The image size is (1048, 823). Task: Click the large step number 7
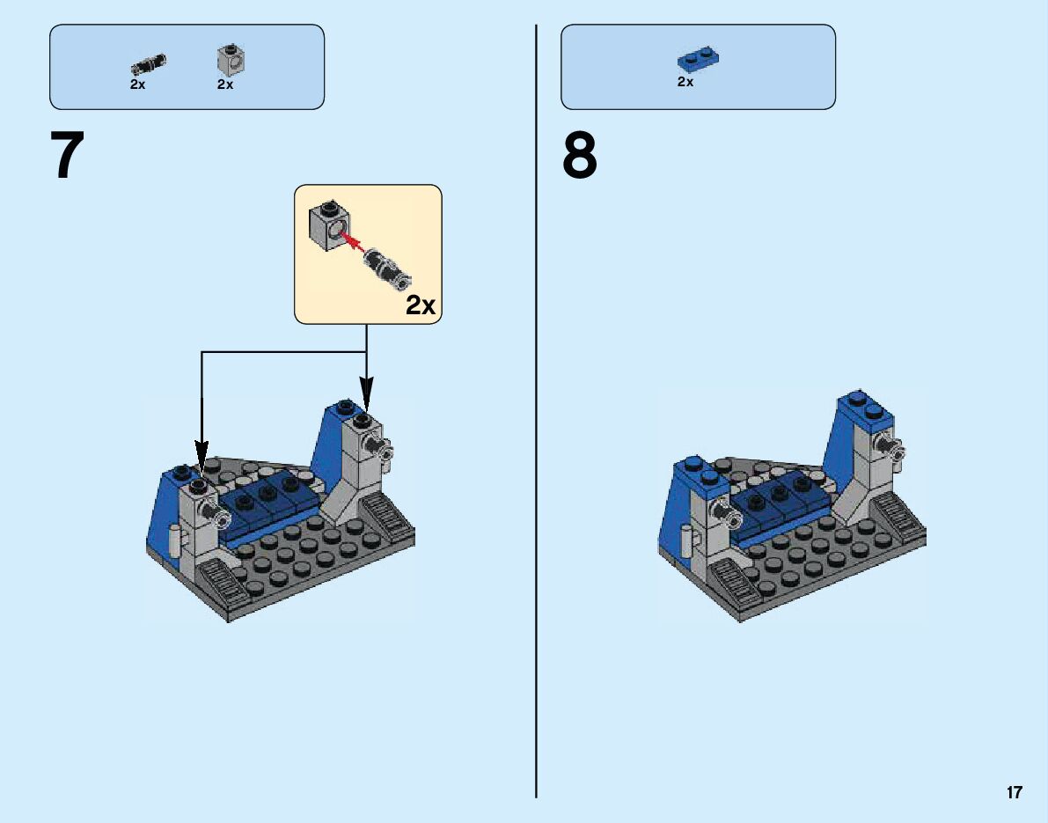tap(68, 157)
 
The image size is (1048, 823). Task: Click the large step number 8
tap(580, 157)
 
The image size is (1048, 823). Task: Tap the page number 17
tap(1015, 792)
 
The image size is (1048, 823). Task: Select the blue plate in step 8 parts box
tap(699, 60)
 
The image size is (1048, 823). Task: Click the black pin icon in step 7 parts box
tap(149, 63)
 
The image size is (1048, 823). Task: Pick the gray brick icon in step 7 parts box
tap(231, 59)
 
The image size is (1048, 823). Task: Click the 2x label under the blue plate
tap(685, 82)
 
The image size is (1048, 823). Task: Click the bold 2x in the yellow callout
tap(421, 305)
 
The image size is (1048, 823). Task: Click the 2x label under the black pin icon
tap(137, 85)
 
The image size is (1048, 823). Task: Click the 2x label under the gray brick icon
tap(225, 85)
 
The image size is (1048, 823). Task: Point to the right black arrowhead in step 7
tap(366, 392)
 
